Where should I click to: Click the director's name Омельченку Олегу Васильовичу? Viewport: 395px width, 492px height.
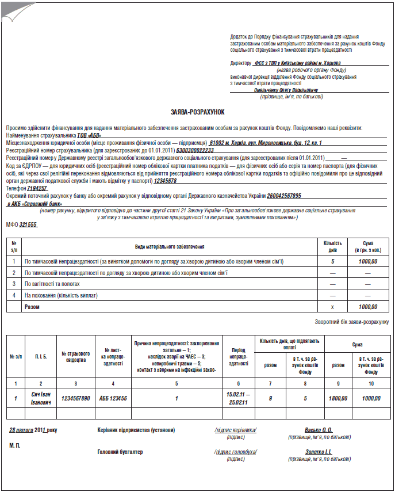[x=286, y=90]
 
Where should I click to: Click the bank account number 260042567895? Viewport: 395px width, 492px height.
[x=276, y=196]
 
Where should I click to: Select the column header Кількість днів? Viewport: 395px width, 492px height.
[x=332, y=246]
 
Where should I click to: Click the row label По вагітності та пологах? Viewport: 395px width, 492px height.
[x=52, y=284]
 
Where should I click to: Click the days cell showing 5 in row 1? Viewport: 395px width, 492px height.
[x=332, y=261]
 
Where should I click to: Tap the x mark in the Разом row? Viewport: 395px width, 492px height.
[x=332, y=307]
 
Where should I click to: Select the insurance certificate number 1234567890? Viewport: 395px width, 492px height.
[x=75, y=398]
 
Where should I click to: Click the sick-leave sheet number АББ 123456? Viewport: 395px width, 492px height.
[x=113, y=398]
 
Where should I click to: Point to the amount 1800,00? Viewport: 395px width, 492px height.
[x=338, y=398]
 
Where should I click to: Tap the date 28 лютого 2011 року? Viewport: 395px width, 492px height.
[x=33, y=430]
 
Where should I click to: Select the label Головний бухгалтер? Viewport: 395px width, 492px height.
[x=120, y=452]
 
